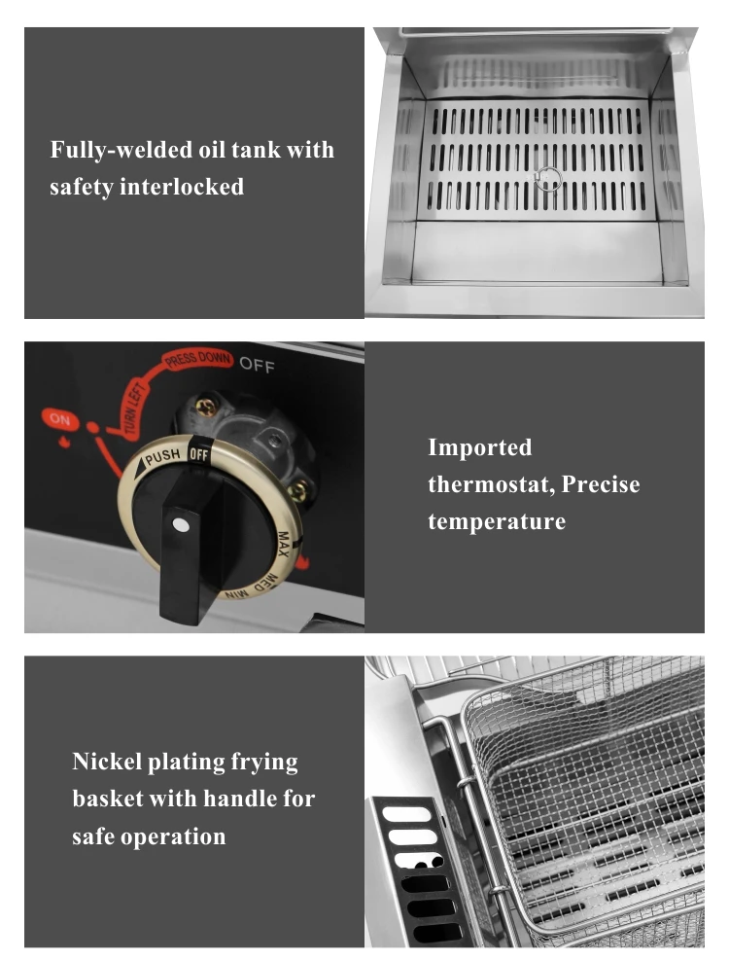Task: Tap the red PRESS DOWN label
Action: point(197,361)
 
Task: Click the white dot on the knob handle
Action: point(180,525)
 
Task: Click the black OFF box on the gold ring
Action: point(199,453)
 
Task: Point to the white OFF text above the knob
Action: point(258,366)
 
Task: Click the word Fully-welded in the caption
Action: point(113,151)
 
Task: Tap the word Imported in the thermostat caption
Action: point(480,447)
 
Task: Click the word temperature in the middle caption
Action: point(497,521)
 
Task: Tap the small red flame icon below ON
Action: point(62,440)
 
